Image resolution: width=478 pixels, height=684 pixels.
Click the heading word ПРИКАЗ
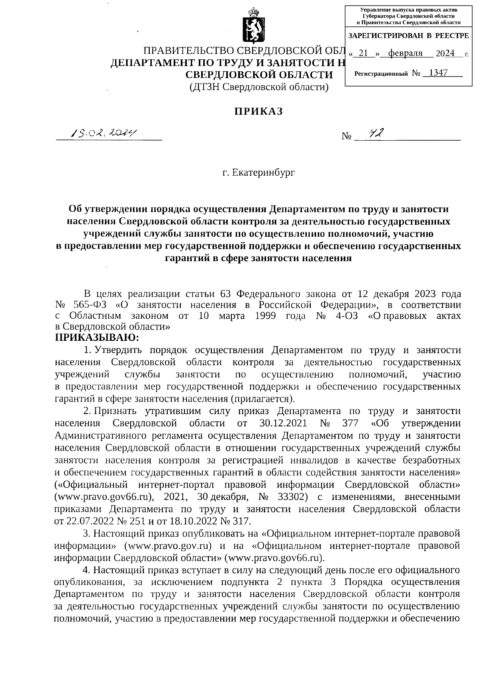(x=258, y=112)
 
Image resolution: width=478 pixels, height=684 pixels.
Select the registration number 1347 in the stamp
(x=436, y=73)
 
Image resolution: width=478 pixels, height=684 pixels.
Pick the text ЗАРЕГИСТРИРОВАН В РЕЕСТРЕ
(x=408, y=36)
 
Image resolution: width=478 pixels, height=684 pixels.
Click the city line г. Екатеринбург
(x=259, y=173)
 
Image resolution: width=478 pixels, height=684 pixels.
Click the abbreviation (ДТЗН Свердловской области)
(x=259, y=87)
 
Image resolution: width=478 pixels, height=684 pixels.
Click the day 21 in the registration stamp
(x=362, y=53)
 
